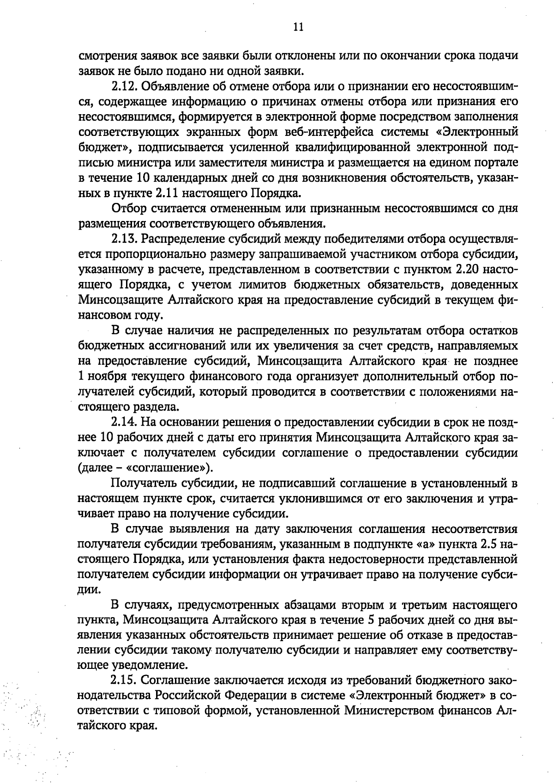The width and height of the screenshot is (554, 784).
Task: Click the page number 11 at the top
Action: click(298, 27)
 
